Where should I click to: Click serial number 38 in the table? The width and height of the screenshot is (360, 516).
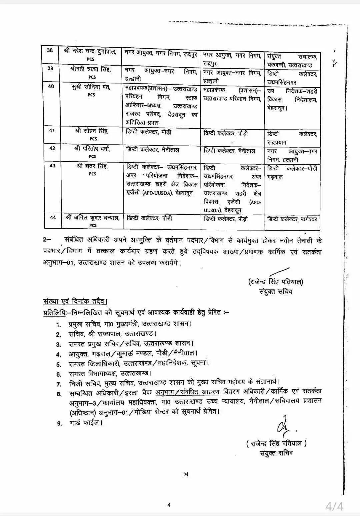(x=50, y=51)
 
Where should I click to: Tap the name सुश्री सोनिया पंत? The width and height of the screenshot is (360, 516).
(x=91, y=87)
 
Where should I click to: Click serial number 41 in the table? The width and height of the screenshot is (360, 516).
(x=52, y=131)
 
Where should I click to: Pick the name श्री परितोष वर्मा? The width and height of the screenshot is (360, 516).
(x=92, y=149)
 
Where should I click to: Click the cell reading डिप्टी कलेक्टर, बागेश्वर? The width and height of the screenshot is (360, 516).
(x=292, y=219)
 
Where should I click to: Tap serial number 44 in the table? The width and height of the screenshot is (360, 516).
(x=53, y=218)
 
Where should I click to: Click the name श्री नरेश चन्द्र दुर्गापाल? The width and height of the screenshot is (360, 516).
(x=90, y=51)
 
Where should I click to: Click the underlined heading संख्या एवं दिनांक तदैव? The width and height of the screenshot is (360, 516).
(x=75, y=301)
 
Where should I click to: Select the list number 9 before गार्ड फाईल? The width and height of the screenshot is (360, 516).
(x=59, y=424)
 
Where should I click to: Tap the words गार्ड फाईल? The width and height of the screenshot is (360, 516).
(x=85, y=423)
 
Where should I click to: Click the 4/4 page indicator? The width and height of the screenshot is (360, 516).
(x=334, y=506)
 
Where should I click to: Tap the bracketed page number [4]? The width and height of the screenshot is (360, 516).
(x=186, y=474)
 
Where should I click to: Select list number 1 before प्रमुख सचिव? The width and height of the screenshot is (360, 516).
(x=59, y=325)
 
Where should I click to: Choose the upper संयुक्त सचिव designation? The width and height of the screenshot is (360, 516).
(x=276, y=292)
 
